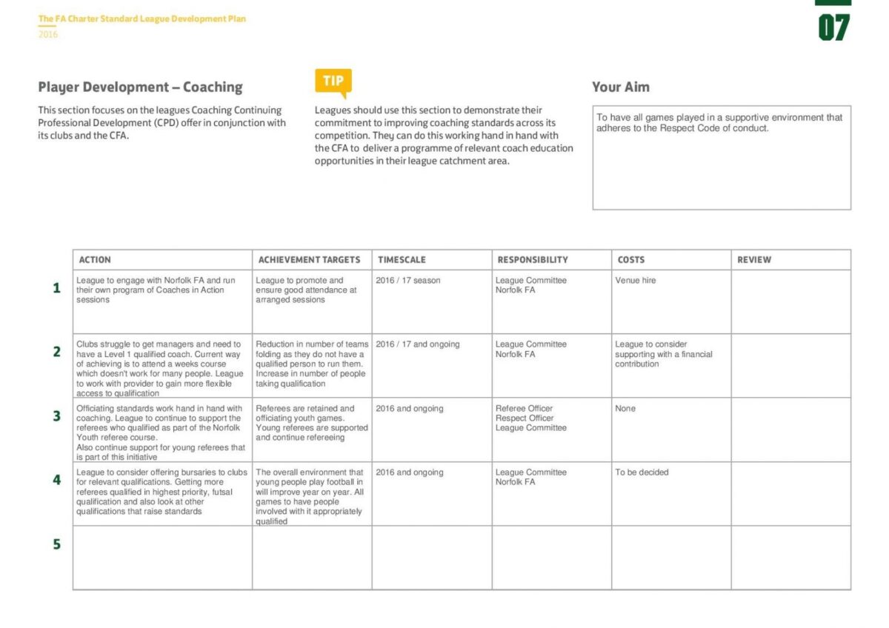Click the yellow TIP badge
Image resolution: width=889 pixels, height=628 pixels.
click(x=333, y=81)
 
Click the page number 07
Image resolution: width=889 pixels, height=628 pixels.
click(x=833, y=28)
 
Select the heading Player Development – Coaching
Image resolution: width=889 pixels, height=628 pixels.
click(x=140, y=87)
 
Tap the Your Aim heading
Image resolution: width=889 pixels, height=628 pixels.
click(x=620, y=87)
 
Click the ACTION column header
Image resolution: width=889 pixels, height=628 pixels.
click(x=95, y=260)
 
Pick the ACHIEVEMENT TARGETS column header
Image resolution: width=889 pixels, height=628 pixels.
click(x=309, y=260)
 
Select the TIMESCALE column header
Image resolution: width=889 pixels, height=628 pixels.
click(x=402, y=260)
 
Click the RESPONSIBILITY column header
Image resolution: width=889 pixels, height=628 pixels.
click(x=533, y=260)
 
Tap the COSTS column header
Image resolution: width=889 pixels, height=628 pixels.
click(x=631, y=260)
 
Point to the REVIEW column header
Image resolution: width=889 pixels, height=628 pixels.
click(x=754, y=260)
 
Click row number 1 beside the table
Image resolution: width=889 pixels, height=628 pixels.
click(x=57, y=288)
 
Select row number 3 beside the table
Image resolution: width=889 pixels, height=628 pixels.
click(x=57, y=416)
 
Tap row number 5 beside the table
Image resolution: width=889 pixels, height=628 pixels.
click(x=57, y=544)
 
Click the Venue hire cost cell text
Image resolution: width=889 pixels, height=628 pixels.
click(x=635, y=281)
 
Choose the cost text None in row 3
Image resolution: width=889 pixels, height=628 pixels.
click(x=625, y=409)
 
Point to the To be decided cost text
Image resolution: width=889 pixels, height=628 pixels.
click(x=642, y=472)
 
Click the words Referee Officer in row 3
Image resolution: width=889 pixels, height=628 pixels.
click(x=524, y=409)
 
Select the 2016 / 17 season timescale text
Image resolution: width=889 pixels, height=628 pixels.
click(x=407, y=281)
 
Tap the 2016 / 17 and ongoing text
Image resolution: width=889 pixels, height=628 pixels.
click(x=417, y=344)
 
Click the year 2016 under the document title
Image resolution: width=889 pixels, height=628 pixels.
click(x=47, y=34)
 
